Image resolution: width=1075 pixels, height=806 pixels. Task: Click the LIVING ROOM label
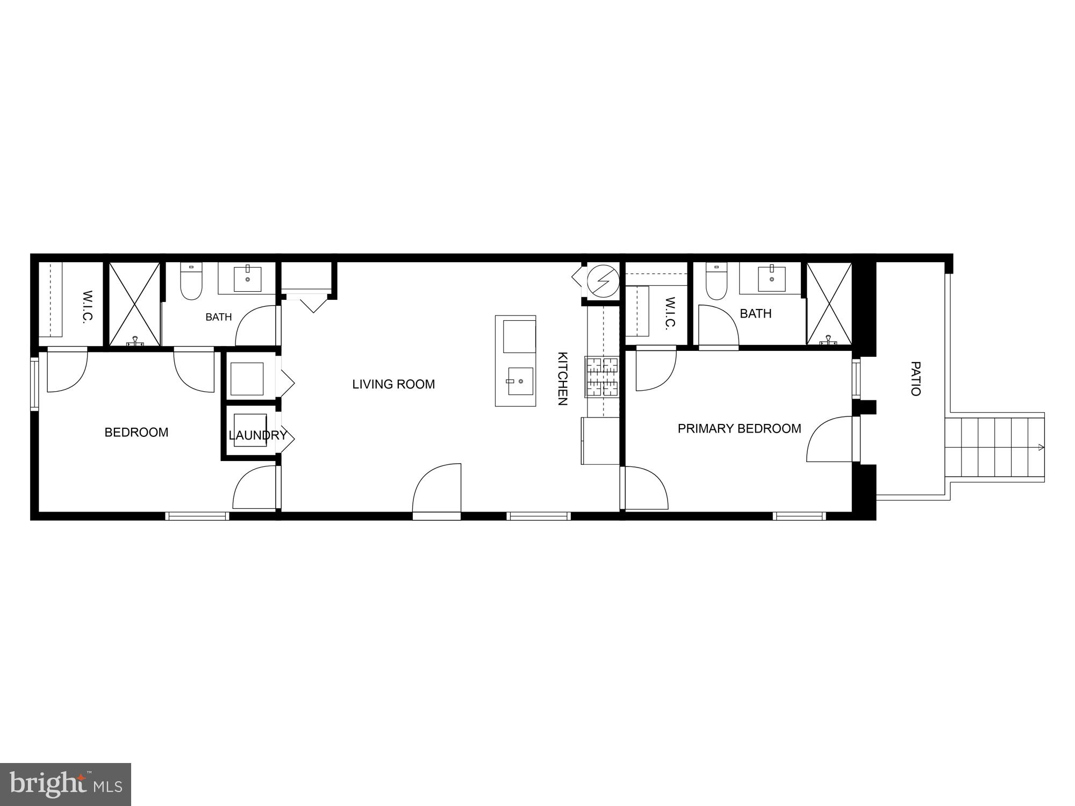point(393,384)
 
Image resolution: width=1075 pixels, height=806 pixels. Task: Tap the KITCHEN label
point(562,379)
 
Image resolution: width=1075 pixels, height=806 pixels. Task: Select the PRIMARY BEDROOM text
point(739,429)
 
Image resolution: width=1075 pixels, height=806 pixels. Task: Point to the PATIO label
point(915,379)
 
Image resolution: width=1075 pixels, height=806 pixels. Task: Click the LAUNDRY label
point(257,435)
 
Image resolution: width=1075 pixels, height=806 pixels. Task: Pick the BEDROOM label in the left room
point(137,433)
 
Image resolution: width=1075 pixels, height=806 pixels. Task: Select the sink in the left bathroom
point(247,278)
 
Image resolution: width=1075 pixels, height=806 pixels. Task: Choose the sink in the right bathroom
point(772,277)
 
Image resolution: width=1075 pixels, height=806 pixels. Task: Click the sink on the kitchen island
point(520,380)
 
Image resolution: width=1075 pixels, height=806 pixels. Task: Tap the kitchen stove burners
point(603,377)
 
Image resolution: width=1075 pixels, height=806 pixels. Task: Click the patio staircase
point(994,447)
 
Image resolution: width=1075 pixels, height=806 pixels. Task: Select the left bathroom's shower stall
point(134,304)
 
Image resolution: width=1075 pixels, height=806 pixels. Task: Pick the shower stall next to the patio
point(829,304)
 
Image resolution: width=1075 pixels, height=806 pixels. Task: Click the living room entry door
point(437,490)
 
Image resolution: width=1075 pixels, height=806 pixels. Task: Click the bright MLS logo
point(66,785)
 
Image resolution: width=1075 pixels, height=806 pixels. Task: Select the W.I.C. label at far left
point(88,306)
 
